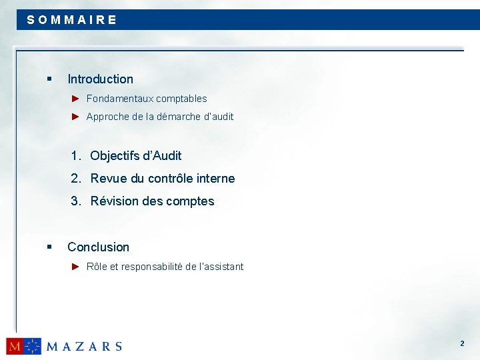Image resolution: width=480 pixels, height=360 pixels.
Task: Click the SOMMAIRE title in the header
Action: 72,20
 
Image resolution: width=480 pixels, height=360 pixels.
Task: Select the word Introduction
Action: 100,79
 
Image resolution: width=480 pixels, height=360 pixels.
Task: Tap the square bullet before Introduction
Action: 49,79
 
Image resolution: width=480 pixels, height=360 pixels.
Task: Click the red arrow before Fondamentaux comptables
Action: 76,99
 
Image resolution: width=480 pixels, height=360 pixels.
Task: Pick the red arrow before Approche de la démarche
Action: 76,117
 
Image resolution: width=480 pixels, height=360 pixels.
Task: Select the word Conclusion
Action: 98,247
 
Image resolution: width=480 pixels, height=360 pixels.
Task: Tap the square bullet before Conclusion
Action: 49,247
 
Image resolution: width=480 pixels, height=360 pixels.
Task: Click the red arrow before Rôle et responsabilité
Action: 76,267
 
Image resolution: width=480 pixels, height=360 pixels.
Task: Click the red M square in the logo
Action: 15,346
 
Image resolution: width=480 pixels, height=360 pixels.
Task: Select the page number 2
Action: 461,343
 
